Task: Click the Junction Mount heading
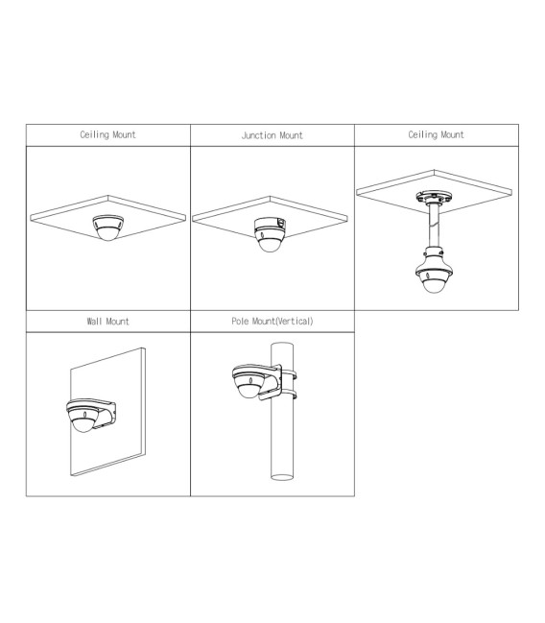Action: [272, 135]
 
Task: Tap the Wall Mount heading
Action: [108, 321]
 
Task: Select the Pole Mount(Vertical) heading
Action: [272, 321]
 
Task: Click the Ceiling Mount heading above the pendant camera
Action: [437, 134]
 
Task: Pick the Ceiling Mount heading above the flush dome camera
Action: [108, 134]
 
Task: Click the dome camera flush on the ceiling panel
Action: [108, 228]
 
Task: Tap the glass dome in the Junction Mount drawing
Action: [270, 245]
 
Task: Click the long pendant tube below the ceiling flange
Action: [434, 226]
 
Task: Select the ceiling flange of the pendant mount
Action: [434, 198]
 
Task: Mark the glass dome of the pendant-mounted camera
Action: [434, 286]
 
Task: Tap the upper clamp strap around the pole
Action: [289, 373]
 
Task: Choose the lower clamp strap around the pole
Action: [289, 395]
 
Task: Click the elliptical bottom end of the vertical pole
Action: [282, 477]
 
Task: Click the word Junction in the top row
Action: [259, 135]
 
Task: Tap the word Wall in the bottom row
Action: [95, 321]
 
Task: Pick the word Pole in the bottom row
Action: [240, 321]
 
